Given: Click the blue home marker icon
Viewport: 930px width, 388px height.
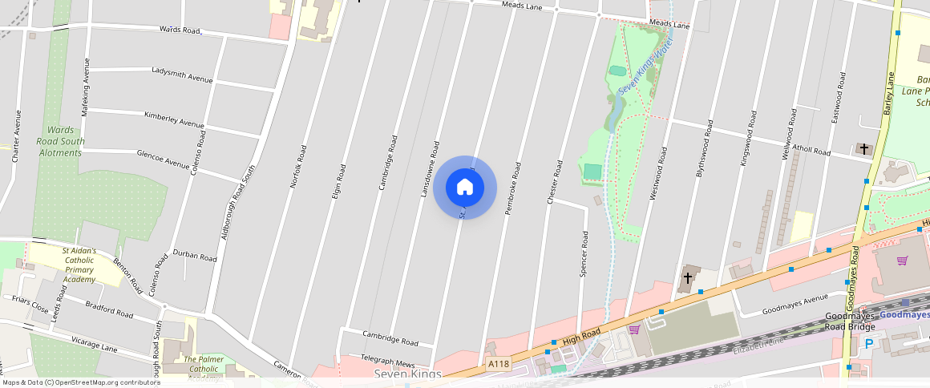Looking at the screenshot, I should click(464, 188).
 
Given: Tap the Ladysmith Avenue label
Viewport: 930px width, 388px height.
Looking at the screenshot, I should click(182, 75).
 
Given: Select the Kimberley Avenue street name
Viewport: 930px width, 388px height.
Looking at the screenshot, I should click(174, 119).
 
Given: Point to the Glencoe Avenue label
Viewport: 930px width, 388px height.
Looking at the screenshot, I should click(163, 158).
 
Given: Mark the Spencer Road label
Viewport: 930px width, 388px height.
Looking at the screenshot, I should click(584, 254).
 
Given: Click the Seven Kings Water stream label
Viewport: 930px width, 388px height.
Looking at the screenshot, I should click(645, 70).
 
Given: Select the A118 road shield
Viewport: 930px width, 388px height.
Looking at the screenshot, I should click(499, 365).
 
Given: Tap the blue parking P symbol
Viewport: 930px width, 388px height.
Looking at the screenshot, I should click(869, 344).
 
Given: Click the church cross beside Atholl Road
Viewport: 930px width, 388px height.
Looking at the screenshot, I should click(863, 149).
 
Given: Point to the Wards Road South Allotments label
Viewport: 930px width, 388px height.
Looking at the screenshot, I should click(60, 141).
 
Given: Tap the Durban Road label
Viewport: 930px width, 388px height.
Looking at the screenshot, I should click(195, 257).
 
